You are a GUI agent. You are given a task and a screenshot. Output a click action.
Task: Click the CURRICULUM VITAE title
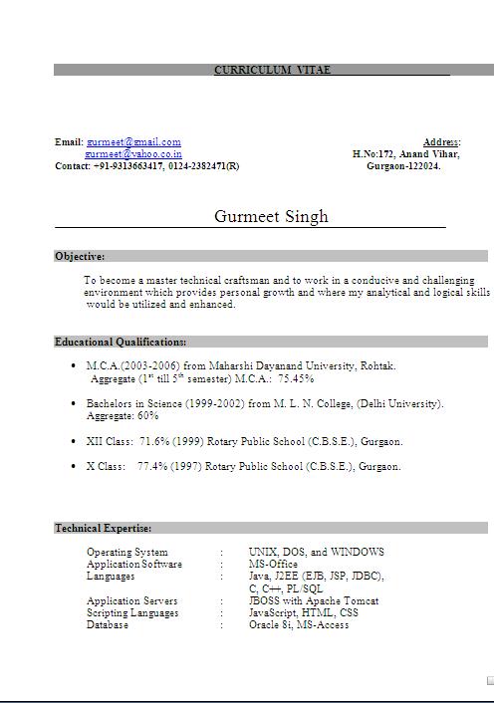point(265,70)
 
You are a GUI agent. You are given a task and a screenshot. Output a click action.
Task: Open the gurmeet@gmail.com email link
point(133,142)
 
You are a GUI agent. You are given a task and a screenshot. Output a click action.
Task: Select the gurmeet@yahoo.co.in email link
point(133,154)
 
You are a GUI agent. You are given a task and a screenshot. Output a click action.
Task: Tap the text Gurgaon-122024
point(403,166)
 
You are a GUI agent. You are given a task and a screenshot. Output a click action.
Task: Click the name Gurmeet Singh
point(271,217)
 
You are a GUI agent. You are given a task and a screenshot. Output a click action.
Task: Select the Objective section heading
point(80,256)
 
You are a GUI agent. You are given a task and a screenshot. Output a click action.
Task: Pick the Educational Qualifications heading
point(121,342)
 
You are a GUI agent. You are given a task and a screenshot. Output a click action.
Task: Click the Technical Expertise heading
point(104,528)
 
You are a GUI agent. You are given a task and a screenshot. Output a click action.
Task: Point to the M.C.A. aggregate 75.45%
point(296,379)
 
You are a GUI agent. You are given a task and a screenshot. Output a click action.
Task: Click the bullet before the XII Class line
point(74,441)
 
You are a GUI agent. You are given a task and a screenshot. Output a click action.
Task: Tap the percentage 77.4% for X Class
point(152,466)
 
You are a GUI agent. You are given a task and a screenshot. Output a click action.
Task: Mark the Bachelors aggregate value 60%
point(148,416)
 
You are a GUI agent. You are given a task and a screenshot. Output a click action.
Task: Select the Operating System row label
point(127,552)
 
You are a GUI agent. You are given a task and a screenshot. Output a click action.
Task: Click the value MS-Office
point(273,564)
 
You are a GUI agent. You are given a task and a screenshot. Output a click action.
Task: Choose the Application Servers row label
point(132,601)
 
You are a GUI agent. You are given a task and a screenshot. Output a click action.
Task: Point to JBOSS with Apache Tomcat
point(314,601)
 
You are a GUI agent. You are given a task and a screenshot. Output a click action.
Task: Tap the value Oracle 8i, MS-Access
point(299,625)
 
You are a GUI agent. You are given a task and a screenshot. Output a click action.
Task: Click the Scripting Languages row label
point(132,613)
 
